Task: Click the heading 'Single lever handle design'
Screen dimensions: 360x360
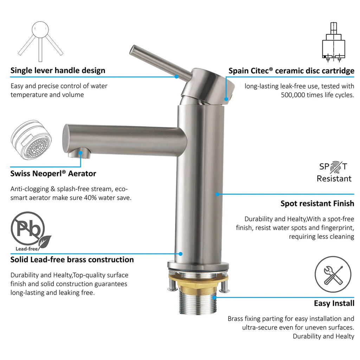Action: pos(58,70)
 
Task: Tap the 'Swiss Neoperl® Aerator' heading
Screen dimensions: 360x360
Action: pos(53,174)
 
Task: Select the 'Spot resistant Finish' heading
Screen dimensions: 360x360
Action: pos(317,204)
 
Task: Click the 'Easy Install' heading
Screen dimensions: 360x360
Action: pos(334,303)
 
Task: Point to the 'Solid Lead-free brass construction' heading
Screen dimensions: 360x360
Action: pos(72,260)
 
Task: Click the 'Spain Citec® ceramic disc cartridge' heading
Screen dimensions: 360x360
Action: pos(291,71)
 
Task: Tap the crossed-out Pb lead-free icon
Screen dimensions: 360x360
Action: pos(31,231)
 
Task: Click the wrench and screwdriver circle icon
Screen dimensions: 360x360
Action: pos(333,274)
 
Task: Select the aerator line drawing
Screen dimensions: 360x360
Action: pos(31,140)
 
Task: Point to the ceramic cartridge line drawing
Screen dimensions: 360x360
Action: pos(333,43)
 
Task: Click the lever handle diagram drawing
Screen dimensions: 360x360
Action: pos(40,41)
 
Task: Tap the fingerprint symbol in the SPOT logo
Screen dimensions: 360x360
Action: pos(336,167)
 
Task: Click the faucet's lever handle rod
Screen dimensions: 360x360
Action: pos(160,63)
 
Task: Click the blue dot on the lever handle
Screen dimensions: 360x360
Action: pos(176,77)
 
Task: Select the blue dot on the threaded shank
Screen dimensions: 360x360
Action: pos(214,297)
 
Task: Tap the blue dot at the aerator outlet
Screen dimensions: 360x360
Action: pos(81,153)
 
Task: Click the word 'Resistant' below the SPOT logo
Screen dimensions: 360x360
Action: pos(334,179)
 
